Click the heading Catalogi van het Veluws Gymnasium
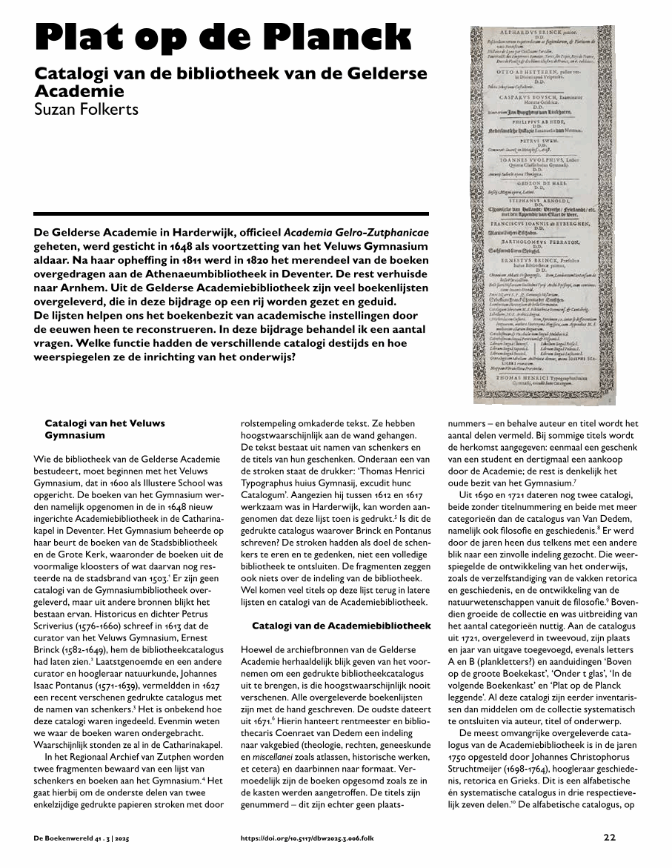point(104,429)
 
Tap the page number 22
point(609,838)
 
